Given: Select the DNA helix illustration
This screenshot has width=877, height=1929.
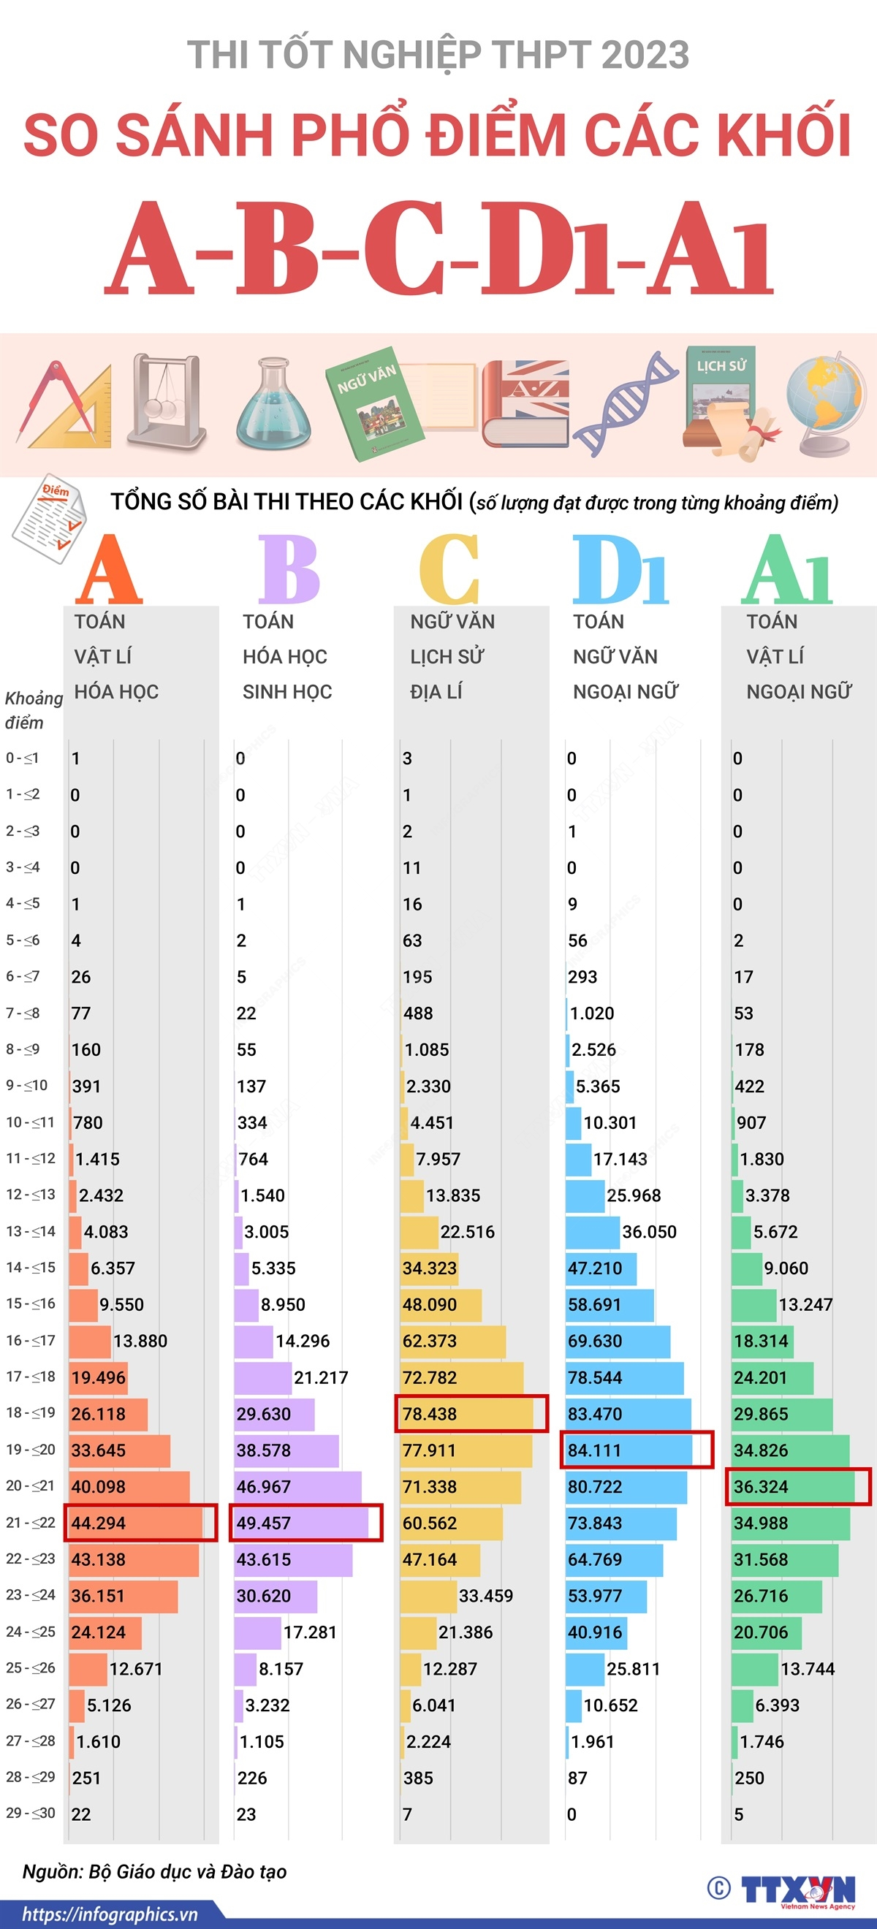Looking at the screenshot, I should click(x=626, y=404).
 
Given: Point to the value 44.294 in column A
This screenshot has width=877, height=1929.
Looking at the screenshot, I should click(x=98, y=1523).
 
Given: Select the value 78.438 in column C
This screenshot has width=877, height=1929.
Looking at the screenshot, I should click(x=429, y=1414).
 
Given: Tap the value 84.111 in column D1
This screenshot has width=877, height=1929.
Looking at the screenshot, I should click(x=595, y=1450).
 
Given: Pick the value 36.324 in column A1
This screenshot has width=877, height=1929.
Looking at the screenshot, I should click(x=760, y=1486).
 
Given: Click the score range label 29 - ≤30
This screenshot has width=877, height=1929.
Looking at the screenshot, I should click(x=30, y=1813).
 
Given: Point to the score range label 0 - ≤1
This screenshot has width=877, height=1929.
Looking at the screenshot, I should click(x=23, y=758).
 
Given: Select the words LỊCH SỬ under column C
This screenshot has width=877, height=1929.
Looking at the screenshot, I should click(x=447, y=657).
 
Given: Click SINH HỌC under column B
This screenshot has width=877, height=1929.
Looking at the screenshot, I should click(x=286, y=692).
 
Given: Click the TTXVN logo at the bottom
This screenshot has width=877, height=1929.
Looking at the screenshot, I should click(x=797, y=1890).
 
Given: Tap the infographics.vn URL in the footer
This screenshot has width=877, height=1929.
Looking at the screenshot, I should click(x=110, y=1915).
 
